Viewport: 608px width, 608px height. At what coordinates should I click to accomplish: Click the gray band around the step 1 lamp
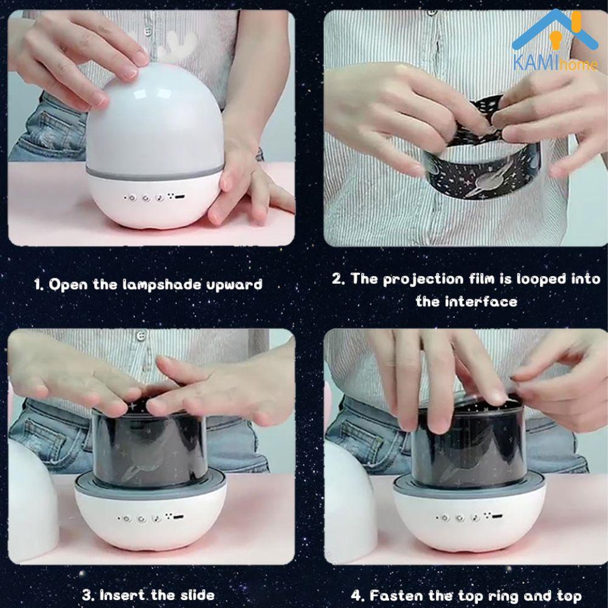click(x=154, y=173)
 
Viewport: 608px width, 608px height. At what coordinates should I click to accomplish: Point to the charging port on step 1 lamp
click(x=179, y=197)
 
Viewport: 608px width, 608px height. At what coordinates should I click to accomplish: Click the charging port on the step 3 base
click(x=178, y=517)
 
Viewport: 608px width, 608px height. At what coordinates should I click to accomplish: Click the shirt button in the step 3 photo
click(x=141, y=336)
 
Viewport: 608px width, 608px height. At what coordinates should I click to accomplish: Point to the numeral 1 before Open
click(x=37, y=285)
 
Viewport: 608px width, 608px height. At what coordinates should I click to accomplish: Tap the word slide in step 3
click(x=197, y=595)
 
